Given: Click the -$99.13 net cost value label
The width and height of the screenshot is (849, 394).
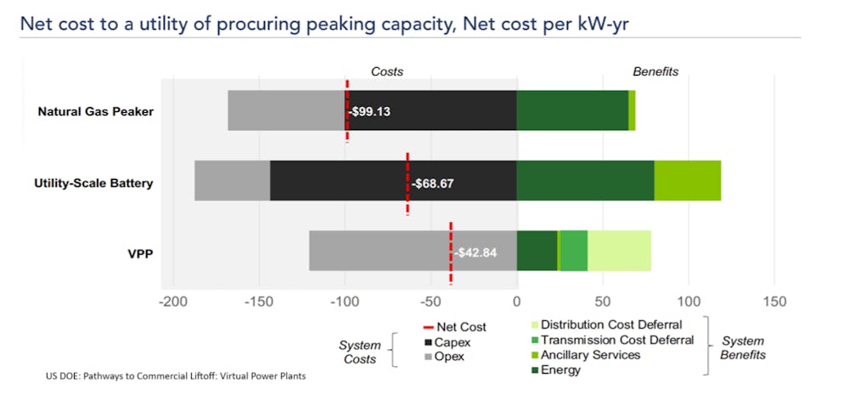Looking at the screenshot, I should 370,111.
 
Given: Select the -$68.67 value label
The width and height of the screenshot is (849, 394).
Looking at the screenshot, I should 435,183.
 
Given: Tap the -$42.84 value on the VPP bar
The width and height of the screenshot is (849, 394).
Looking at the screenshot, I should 475,252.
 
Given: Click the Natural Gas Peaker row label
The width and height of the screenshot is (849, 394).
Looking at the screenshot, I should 95,111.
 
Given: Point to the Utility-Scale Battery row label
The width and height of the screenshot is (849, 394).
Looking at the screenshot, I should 93,183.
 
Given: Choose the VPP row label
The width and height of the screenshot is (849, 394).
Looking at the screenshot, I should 137,252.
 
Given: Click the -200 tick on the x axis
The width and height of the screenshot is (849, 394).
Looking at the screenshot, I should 173,301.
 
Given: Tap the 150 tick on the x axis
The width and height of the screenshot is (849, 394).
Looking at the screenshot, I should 774,301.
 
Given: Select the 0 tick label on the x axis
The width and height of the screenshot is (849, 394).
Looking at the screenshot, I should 516,301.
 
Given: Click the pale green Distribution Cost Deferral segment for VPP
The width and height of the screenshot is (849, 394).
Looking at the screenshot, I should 619,250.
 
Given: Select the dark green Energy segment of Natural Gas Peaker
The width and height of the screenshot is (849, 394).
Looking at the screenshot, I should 572,110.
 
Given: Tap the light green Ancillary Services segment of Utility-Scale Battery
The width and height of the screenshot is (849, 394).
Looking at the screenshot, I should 687,180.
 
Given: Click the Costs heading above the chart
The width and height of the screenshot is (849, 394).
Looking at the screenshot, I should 387,71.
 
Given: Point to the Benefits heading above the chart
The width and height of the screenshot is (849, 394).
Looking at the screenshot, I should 655,71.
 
